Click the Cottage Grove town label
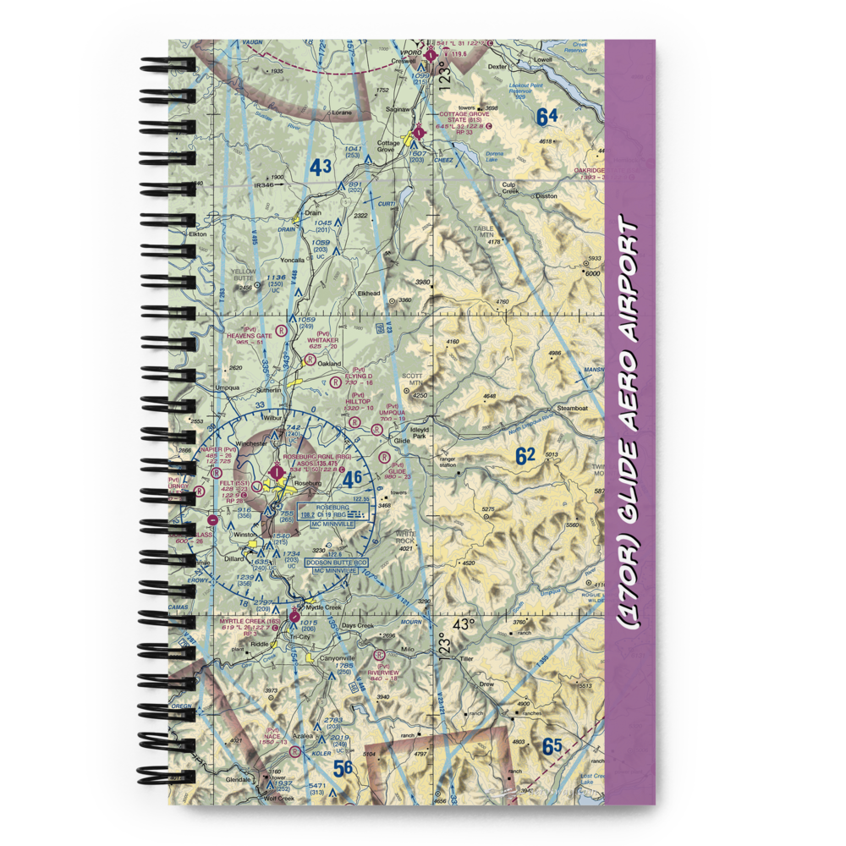(389, 146)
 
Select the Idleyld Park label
(425, 431)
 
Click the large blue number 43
(319, 168)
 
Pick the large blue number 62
(525, 457)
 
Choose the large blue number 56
(343, 768)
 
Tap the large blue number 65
(552, 747)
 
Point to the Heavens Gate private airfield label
(250, 336)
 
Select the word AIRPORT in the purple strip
(630, 284)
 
